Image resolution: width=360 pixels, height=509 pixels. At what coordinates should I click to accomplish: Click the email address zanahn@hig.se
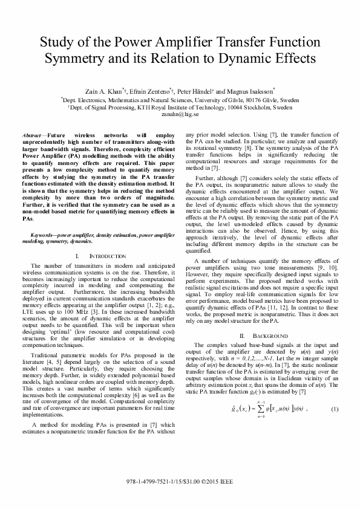[180, 112]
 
